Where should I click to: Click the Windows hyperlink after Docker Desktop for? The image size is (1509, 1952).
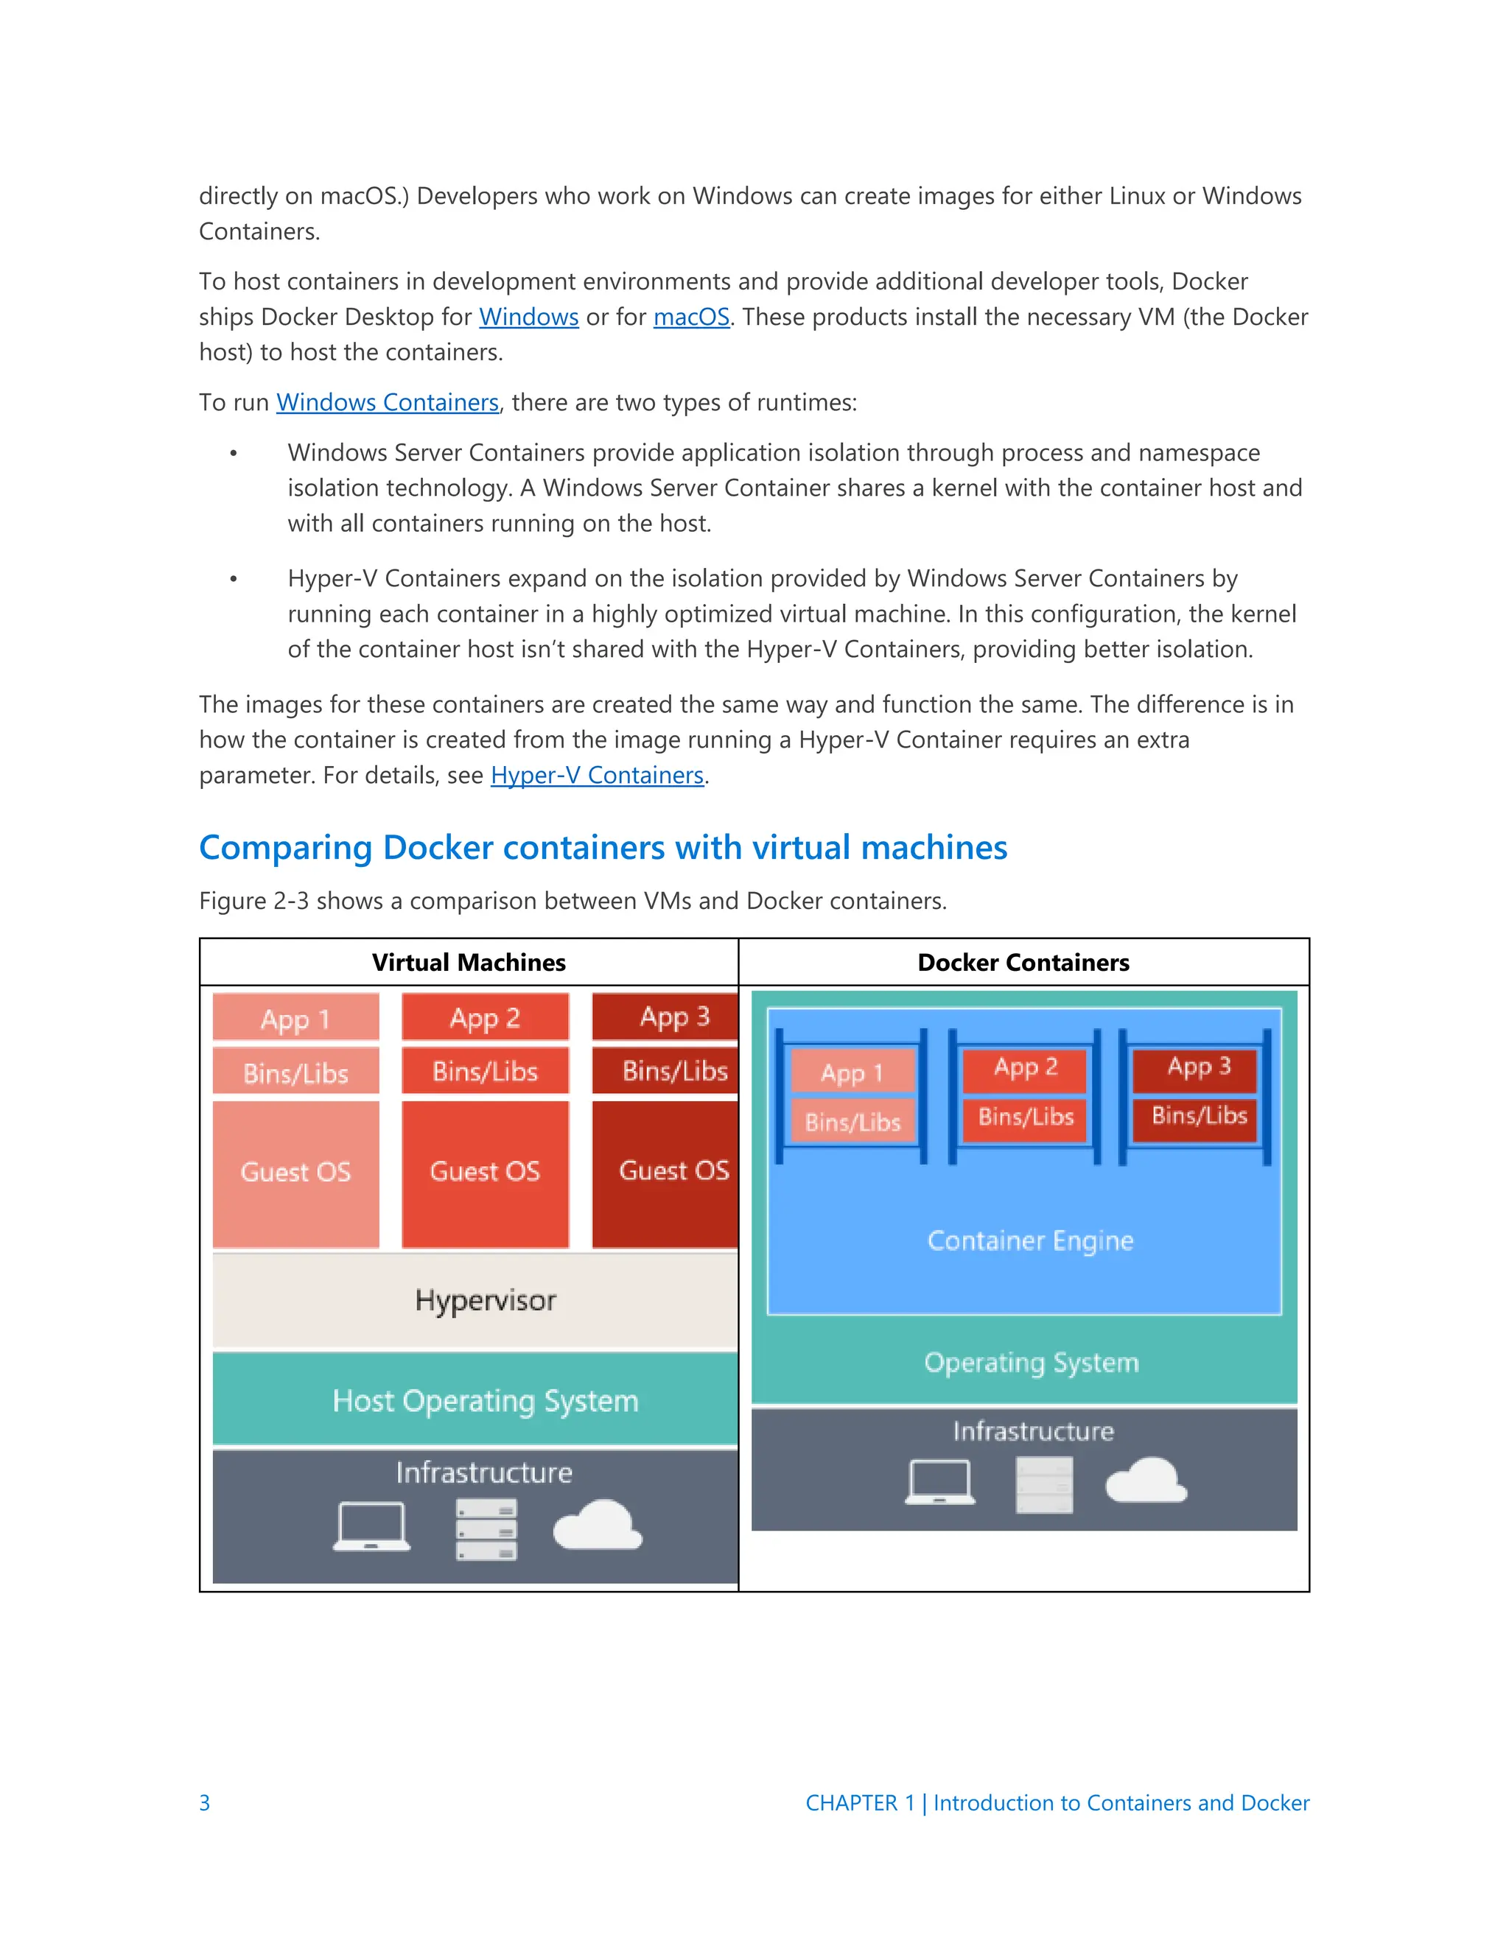(528, 317)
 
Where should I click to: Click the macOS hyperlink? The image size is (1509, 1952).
(691, 317)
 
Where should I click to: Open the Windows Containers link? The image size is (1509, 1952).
(387, 403)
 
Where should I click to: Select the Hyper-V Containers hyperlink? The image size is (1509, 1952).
(597, 776)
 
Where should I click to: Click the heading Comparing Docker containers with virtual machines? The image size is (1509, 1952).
(603, 847)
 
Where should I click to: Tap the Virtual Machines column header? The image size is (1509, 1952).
(469, 963)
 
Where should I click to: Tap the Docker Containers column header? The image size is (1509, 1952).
(1023, 963)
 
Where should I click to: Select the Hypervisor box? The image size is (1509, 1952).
(485, 1300)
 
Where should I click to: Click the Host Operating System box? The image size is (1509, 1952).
(485, 1400)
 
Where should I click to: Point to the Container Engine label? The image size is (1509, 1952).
(1030, 1240)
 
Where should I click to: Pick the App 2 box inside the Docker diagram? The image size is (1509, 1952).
(1026, 1067)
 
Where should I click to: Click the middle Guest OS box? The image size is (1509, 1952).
(485, 1173)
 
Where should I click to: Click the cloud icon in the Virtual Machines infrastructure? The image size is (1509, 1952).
(597, 1525)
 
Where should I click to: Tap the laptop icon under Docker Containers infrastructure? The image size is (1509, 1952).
(939, 1483)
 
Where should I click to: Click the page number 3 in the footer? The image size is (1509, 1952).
(205, 1802)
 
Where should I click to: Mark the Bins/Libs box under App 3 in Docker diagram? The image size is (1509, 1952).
(1199, 1116)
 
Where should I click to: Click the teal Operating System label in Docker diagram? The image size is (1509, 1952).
(1031, 1363)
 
